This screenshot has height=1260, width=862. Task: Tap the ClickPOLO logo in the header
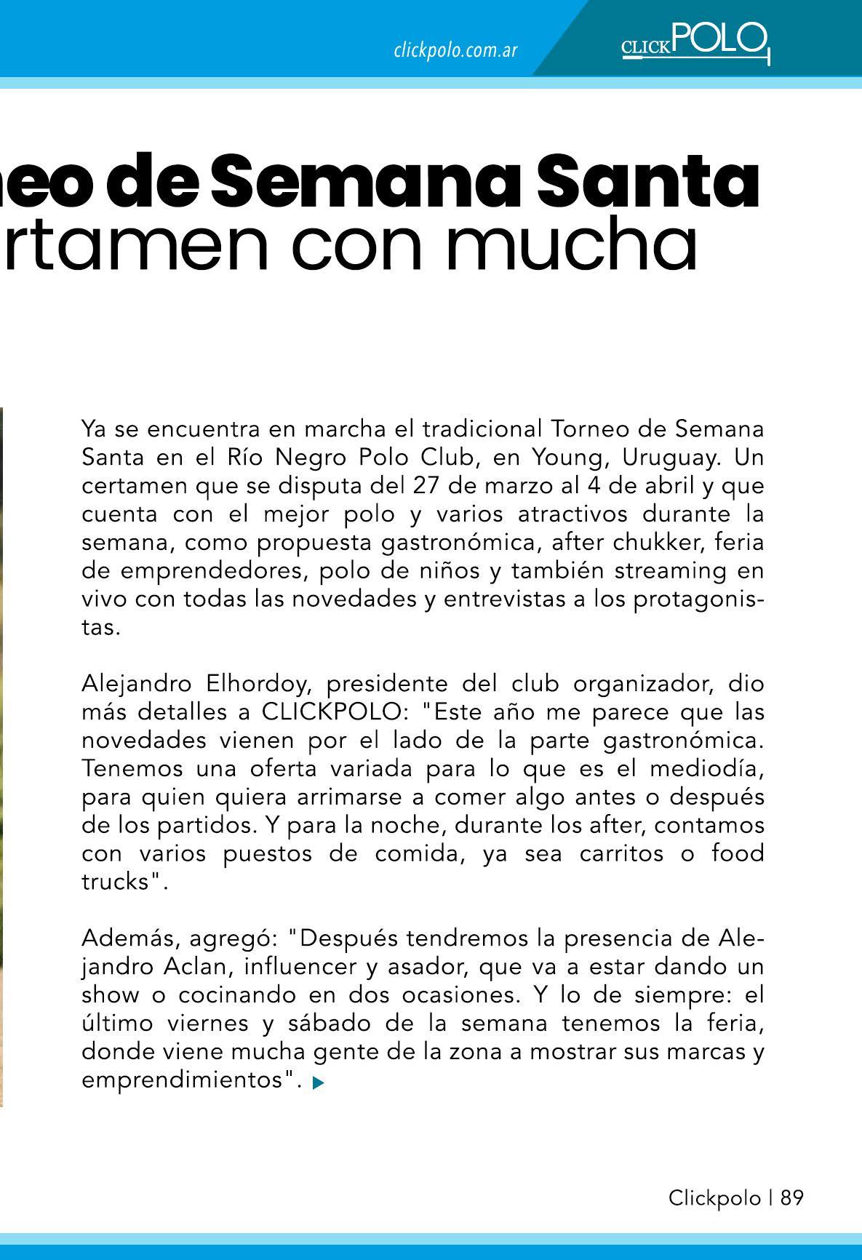tap(695, 43)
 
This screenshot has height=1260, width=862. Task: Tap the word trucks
tap(116, 882)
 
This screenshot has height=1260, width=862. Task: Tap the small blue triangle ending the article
tap(317, 1083)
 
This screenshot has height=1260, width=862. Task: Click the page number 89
tap(792, 1198)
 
